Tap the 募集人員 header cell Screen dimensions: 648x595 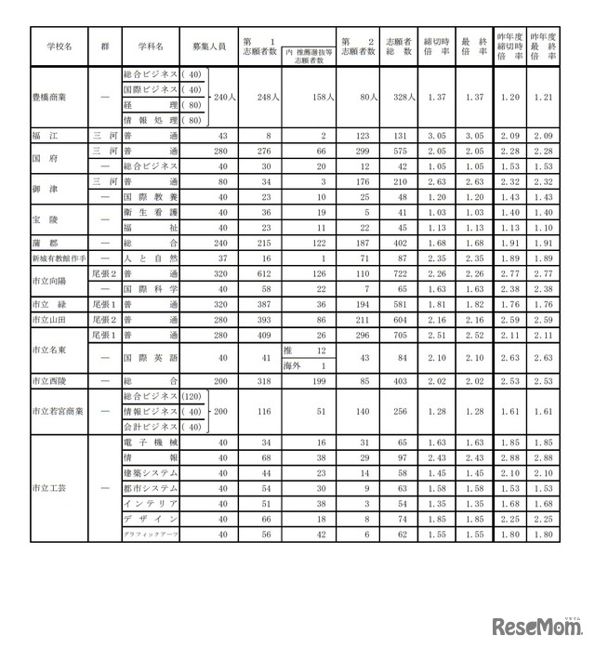tap(207, 44)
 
